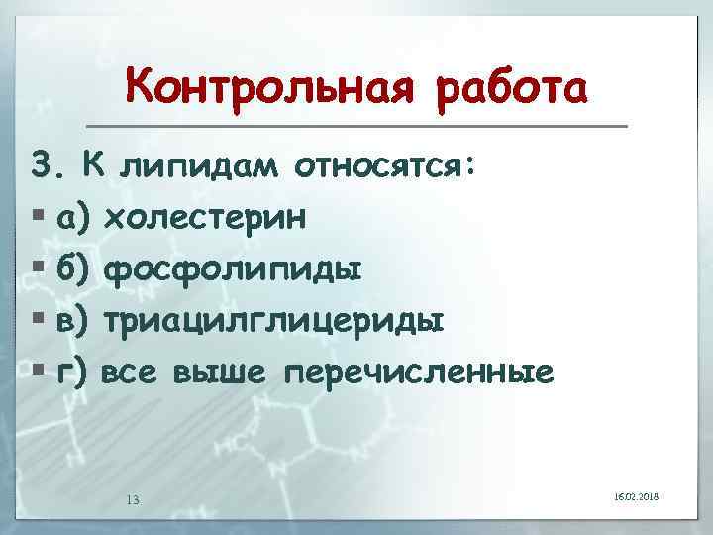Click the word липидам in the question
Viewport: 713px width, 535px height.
click(x=199, y=167)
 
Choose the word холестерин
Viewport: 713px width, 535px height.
click(x=212, y=216)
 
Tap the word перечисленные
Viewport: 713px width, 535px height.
click(x=417, y=374)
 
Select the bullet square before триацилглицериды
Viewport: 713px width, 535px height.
click(x=38, y=321)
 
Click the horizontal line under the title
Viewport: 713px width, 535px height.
click(x=356, y=126)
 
